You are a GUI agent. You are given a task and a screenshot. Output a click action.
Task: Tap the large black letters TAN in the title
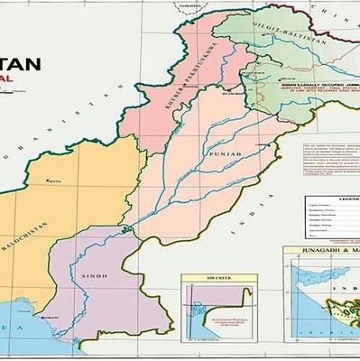coord(20,65)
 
